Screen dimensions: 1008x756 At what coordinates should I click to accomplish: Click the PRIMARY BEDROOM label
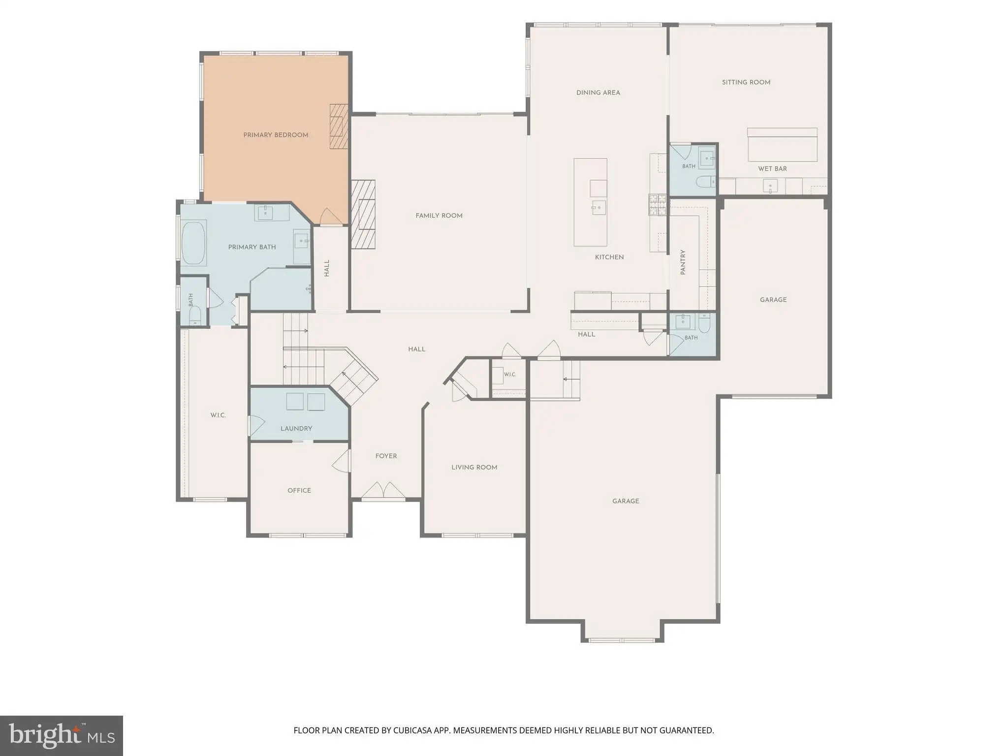click(276, 135)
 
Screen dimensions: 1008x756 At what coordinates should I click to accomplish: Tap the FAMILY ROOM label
click(439, 216)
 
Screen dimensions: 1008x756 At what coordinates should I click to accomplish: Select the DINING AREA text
click(598, 93)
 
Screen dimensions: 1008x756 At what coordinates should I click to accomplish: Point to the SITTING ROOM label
click(746, 82)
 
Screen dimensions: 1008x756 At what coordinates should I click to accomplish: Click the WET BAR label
click(772, 169)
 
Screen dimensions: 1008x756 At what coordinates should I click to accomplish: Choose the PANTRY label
click(683, 262)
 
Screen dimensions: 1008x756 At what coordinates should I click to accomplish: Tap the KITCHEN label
click(609, 257)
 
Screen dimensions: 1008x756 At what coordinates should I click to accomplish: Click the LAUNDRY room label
click(296, 429)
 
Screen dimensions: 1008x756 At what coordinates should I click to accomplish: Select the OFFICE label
click(299, 490)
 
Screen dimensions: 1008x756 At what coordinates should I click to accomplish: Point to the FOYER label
click(386, 456)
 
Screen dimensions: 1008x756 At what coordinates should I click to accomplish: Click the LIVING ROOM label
click(474, 468)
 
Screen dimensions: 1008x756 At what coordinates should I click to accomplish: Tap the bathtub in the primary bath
click(193, 243)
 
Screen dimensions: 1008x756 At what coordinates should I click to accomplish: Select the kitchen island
click(590, 202)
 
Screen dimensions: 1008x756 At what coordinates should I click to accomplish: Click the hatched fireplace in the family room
click(363, 214)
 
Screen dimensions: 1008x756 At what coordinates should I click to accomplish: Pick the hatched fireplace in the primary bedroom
click(339, 126)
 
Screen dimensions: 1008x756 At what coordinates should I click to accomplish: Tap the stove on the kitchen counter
click(657, 205)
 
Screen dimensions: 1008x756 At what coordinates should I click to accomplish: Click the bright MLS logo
click(62, 736)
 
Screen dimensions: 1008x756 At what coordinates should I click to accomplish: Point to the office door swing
click(342, 461)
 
